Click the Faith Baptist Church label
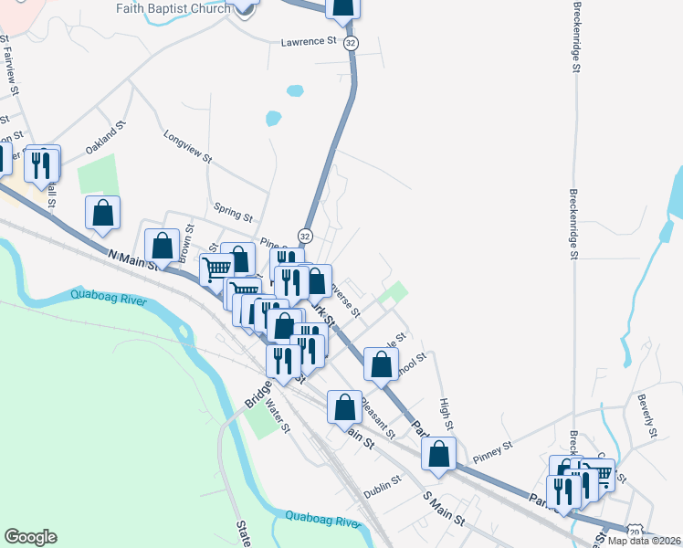coord(173,8)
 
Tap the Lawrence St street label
coord(309,41)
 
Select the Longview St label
coord(187,146)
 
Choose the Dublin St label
coord(384,480)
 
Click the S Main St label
coord(445,509)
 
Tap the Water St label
coord(278,416)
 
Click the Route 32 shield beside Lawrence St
coord(352,43)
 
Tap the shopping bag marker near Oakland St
coord(103,213)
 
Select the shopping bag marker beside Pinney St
coord(439,453)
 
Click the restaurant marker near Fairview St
coord(43,164)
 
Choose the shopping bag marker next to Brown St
coord(163,246)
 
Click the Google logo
coord(30,537)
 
